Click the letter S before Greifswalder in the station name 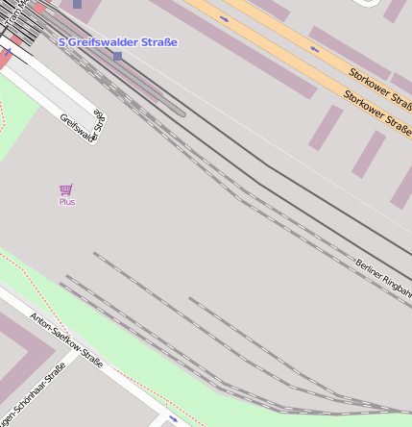(62, 42)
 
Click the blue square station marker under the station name (117, 57)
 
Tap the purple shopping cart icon (66, 189)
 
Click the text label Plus (67, 202)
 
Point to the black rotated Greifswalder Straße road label (83, 126)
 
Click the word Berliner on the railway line (371, 268)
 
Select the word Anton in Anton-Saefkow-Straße (39, 320)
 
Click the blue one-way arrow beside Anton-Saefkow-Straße (173, 420)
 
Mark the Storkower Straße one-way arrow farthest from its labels (224, 19)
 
